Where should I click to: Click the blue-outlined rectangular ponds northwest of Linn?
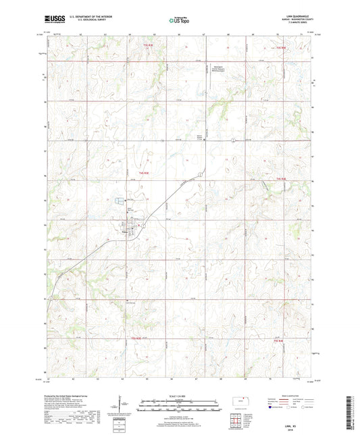120,201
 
